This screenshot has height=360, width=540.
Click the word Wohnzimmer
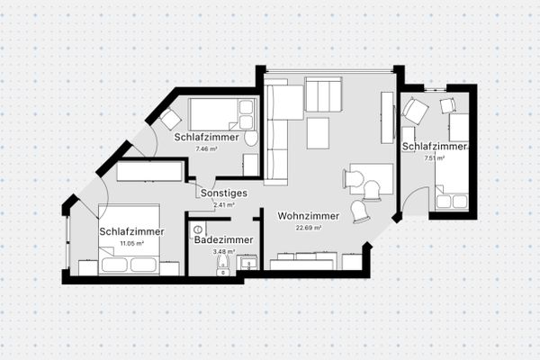(x=308, y=216)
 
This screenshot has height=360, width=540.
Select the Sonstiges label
(x=223, y=193)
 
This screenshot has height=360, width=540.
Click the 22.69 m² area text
(x=308, y=228)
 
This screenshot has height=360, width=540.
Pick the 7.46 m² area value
(x=207, y=149)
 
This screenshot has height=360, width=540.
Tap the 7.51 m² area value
(x=436, y=157)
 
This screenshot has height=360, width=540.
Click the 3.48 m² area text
(x=221, y=252)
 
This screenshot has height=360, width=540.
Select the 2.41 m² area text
(x=223, y=204)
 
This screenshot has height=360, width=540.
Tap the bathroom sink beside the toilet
(x=245, y=262)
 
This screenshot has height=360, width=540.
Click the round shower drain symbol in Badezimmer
(x=198, y=229)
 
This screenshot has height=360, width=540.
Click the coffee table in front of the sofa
(x=320, y=133)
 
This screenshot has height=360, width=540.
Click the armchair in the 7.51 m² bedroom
(x=415, y=112)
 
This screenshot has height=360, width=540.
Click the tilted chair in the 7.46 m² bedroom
(x=171, y=121)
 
